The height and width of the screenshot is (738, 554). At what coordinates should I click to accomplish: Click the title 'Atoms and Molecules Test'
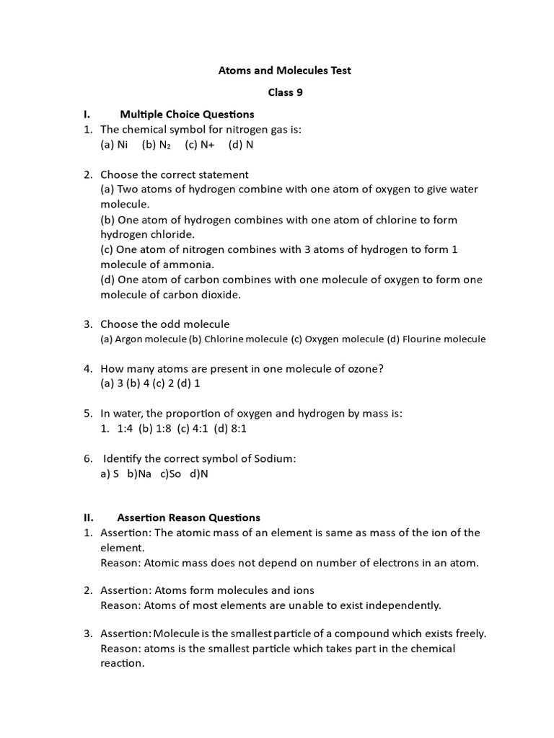pyautogui.click(x=285, y=71)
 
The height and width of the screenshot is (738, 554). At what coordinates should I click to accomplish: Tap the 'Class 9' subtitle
pyautogui.click(x=285, y=92)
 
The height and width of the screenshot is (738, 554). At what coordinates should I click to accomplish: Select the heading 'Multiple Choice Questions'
pyautogui.click(x=187, y=114)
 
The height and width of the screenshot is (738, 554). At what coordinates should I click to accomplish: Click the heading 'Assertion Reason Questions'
pyautogui.click(x=188, y=517)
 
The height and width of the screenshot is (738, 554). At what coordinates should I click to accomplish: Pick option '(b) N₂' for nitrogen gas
pyautogui.click(x=157, y=144)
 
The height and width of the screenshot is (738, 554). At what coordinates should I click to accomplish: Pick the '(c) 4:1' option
pyautogui.click(x=198, y=428)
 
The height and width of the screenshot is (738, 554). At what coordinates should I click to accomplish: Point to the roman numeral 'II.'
pyautogui.click(x=89, y=517)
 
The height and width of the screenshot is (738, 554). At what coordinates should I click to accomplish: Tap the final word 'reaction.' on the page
pyautogui.click(x=123, y=663)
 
